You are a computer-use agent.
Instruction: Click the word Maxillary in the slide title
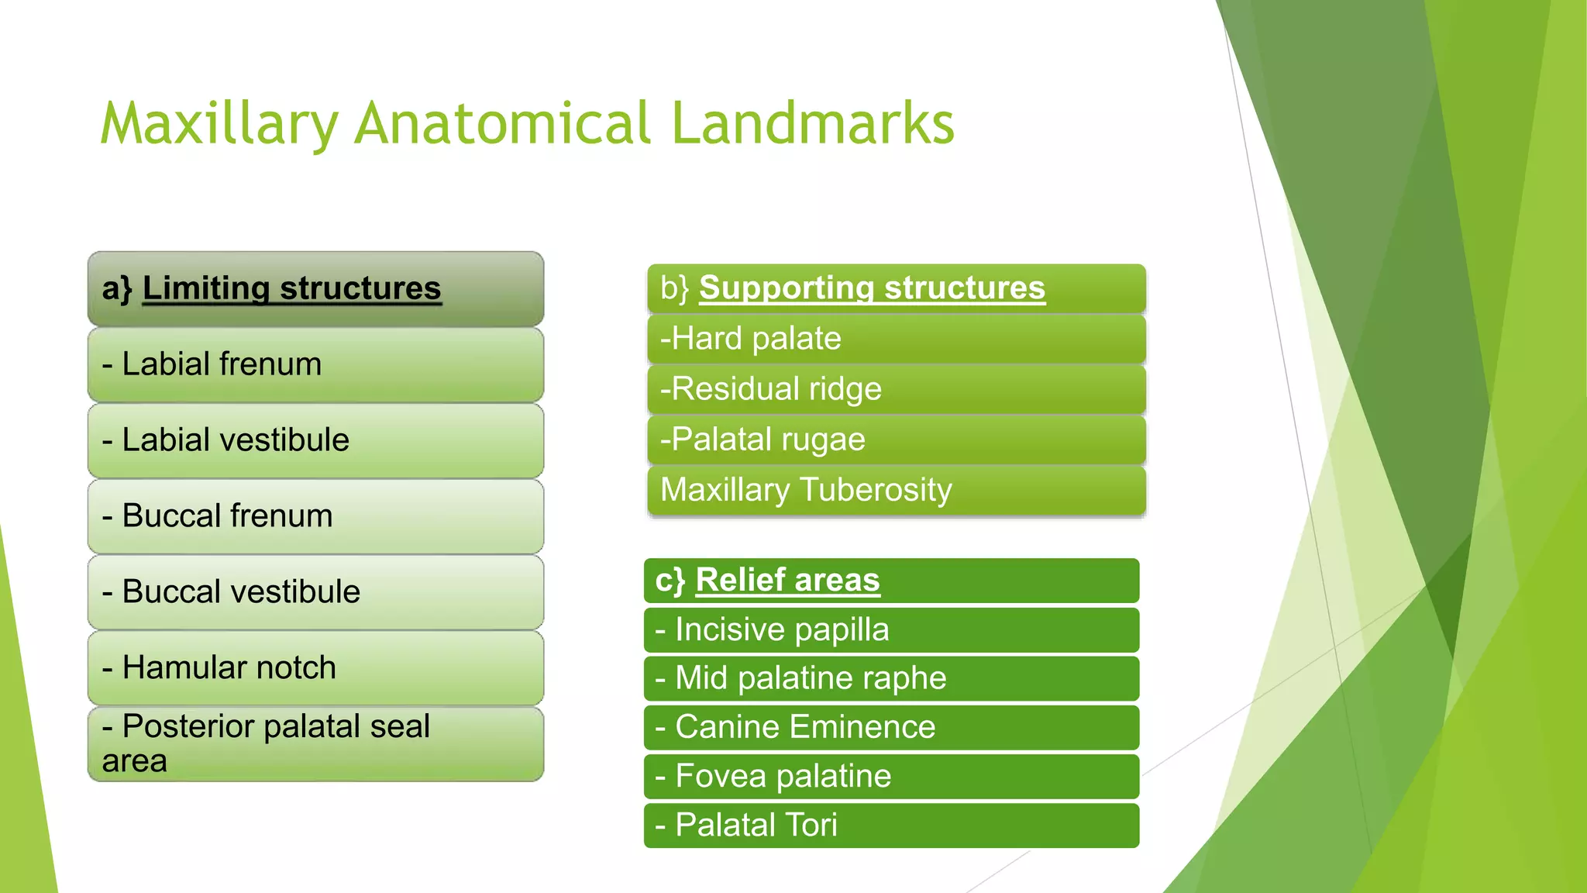pyautogui.click(x=219, y=124)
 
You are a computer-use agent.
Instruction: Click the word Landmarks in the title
pyautogui.click(x=812, y=124)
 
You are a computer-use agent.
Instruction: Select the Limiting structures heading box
pyautogui.click(x=315, y=288)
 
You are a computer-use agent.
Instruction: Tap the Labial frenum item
pyautogui.click(x=315, y=364)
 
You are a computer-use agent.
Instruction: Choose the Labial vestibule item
pyautogui.click(x=315, y=440)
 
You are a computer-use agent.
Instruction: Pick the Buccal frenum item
pyautogui.click(x=315, y=516)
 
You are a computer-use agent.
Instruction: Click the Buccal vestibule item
pyautogui.click(x=315, y=592)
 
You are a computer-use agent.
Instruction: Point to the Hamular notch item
pyautogui.click(x=315, y=668)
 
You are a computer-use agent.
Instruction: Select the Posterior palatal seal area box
pyautogui.click(x=315, y=743)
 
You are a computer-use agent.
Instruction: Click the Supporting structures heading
pyautogui.click(x=896, y=288)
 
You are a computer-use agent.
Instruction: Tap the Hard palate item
pyautogui.click(x=896, y=339)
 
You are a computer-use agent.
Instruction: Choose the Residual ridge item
pyautogui.click(x=896, y=389)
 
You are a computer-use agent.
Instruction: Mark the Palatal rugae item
pyautogui.click(x=896, y=440)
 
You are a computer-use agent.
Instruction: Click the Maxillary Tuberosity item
pyautogui.click(x=896, y=490)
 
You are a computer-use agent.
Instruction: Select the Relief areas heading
pyautogui.click(x=891, y=581)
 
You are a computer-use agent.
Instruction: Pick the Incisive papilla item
pyautogui.click(x=891, y=629)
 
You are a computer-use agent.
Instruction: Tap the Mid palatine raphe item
pyautogui.click(x=891, y=678)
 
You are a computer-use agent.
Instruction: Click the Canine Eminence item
pyautogui.click(x=891, y=727)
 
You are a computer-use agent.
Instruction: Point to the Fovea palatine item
pyautogui.click(x=891, y=776)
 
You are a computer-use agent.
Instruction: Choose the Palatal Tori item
pyautogui.click(x=891, y=825)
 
